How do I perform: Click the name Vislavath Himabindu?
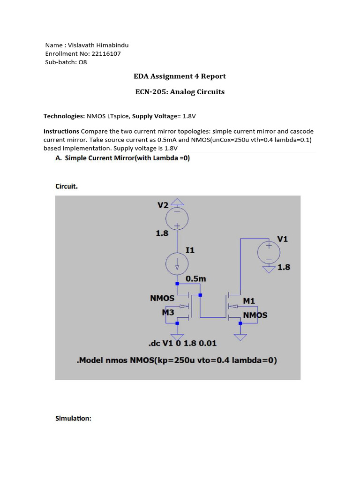tap(98, 45)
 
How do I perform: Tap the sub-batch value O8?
tap(82, 62)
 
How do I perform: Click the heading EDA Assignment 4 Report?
tap(180, 76)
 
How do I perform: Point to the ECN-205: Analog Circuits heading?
tap(180, 92)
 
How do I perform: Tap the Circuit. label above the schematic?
tap(67, 186)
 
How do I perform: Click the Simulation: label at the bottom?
tap(73, 418)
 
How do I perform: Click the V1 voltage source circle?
tap(269, 253)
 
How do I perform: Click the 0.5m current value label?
tap(196, 278)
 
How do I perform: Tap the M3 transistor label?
tap(168, 312)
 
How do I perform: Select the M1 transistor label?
tap(249, 300)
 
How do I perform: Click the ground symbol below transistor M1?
tap(240, 337)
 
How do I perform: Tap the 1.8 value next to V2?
tap(162, 233)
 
